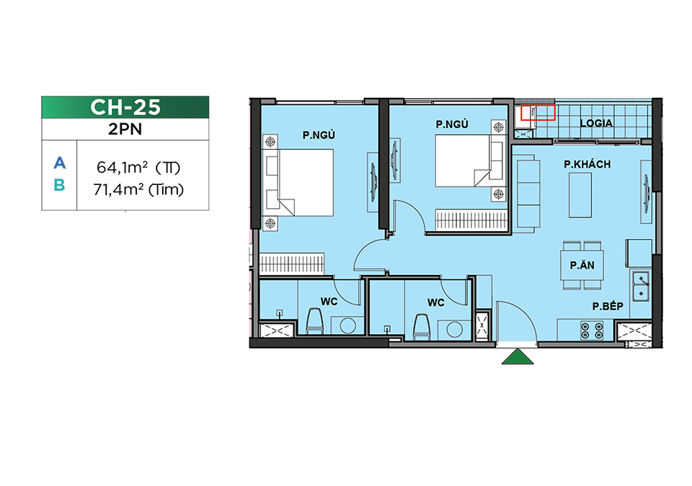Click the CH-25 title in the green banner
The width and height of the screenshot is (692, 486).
pyautogui.click(x=125, y=107)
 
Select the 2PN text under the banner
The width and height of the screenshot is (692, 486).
pyautogui.click(x=125, y=129)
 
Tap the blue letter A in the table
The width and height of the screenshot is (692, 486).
pyautogui.click(x=60, y=163)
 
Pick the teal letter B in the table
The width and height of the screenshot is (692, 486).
pyautogui.click(x=59, y=185)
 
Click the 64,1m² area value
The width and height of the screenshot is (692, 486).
pyautogui.click(x=122, y=168)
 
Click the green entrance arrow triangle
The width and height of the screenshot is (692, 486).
pyautogui.click(x=518, y=357)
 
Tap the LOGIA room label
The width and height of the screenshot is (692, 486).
pyautogui.click(x=596, y=124)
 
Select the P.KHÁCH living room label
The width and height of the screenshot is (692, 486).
pyautogui.click(x=587, y=164)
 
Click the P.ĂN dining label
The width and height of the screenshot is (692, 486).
pyautogui.click(x=582, y=266)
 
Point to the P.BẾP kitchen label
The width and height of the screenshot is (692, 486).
pyautogui.click(x=608, y=306)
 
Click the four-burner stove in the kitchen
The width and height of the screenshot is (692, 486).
pyautogui.click(x=592, y=330)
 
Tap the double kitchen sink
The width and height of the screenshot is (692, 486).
pyautogui.click(x=641, y=286)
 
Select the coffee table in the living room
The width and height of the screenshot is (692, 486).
pyautogui.click(x=580, y=195)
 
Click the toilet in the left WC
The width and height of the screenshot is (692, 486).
pyautogui.click(x=315, y=320)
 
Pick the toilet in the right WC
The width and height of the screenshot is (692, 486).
pyautogui.click(x=422, y=327)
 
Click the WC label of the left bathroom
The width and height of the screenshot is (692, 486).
pyautogui.click(x=329, y=302)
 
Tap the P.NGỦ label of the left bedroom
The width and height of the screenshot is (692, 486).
pyautogui.click(x=319, y=135)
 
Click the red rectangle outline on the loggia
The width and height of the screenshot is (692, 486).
pyautogui.click(x=538, y=112)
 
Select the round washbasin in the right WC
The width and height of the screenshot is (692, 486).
pyautogui.click(x=454, y=330)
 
